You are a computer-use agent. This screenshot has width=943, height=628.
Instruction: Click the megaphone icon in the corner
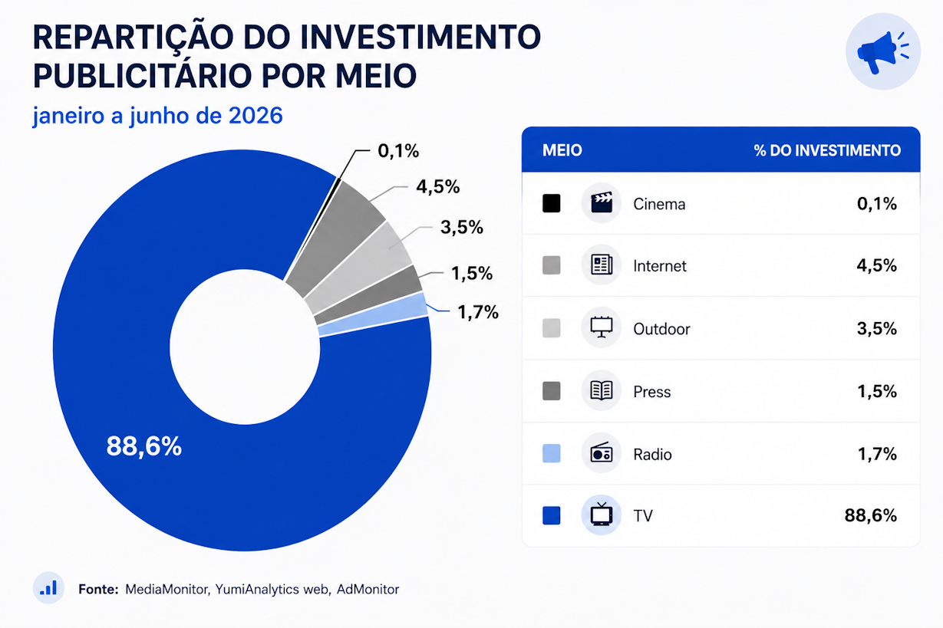coord(883,51)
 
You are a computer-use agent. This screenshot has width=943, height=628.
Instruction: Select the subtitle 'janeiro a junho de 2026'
coord(157,116)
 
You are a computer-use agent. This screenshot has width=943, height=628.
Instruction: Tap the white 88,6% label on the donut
coord(144,446)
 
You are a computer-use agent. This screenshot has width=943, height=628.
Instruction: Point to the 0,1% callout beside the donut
coord(398,151)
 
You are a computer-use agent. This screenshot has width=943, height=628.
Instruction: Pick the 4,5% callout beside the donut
coord(438,187)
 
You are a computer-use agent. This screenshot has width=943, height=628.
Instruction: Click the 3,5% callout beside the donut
coord(462,227)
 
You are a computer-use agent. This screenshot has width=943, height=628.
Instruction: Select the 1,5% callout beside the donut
coord(472,274)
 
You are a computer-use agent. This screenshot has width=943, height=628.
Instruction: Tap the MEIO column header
coord(562,150)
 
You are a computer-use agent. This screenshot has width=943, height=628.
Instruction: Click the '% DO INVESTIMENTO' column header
coord(827,150)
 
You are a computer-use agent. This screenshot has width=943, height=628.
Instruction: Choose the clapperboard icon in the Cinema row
coord(601,202)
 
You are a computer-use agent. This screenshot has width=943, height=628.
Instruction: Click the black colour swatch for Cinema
coord(552,203)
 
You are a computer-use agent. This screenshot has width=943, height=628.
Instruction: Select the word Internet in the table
coord(660,266)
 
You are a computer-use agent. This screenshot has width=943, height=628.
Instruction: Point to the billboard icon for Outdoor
coord(601,327)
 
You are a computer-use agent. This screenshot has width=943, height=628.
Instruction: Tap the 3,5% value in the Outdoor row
coord(877,328)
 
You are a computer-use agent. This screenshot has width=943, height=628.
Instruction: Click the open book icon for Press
coord(601,390)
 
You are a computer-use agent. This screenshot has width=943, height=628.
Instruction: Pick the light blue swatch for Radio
coord(552,453)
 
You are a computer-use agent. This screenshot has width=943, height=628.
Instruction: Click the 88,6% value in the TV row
coord(871,515)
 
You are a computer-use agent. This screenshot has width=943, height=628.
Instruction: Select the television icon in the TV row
coord(601,514)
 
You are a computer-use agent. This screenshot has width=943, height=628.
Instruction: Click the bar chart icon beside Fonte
coord(48,587)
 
